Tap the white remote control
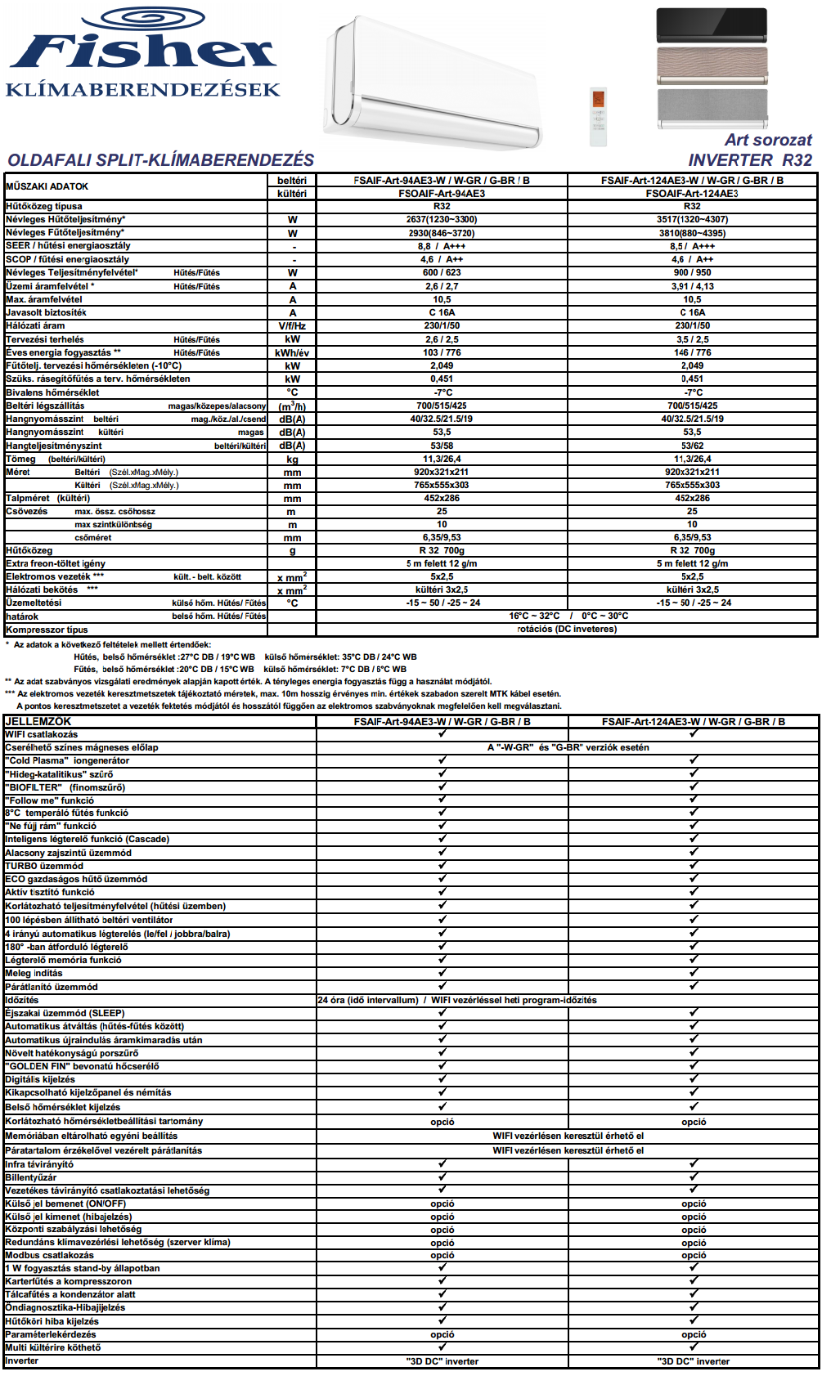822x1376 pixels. (x=599, y=116)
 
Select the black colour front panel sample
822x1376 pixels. (x=712, y=25)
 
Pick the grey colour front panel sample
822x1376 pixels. (x=712, y=109)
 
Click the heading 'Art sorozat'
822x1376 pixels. (x=768, y=140)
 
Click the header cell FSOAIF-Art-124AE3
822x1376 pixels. (x=692, y=194)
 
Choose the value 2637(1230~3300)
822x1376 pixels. (x=442, y=219)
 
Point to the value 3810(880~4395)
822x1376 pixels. (x=692, y=233)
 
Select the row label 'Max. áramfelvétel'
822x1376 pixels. (x=44, y=299)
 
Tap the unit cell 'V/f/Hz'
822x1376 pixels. (x=292, y=325)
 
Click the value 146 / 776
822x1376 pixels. (x=692, y=352)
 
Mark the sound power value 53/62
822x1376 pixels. (x=692, y=446)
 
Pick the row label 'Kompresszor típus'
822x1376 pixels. (x=47, y=630)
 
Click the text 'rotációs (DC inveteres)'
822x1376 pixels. (x=567, y=629)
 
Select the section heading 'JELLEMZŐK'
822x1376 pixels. (x=38, y=721)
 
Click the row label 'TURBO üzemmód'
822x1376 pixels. (x=44, y=866)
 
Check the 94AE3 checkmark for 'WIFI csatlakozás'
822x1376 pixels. (x=442, y=733)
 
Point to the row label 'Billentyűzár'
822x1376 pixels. (x=31, y=1177)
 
